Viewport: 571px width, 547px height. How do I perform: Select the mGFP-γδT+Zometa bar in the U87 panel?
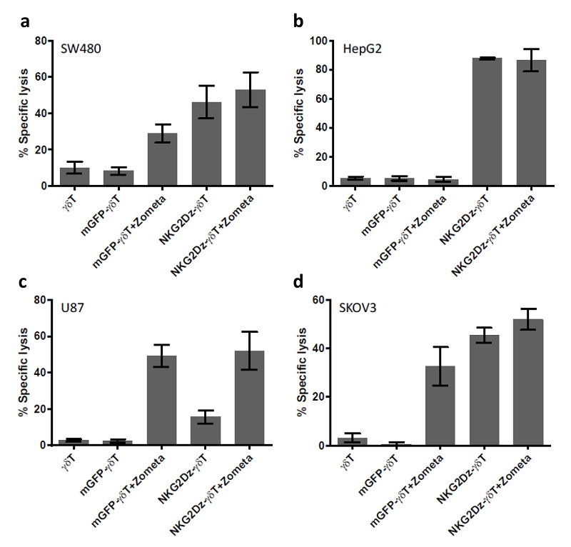pos(161,400)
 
